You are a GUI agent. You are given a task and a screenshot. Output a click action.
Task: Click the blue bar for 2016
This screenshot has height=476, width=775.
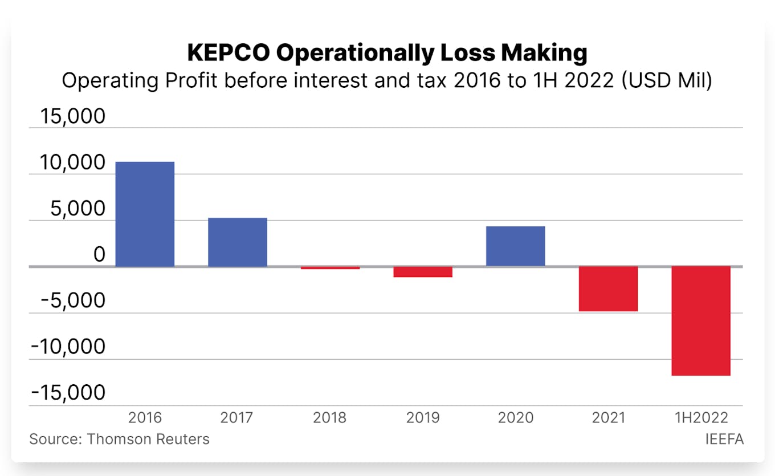(x=145, y=214)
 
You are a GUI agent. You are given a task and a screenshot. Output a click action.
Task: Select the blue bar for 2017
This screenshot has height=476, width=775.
(x=237, y=242)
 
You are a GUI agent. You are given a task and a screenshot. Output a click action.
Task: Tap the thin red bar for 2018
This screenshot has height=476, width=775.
(x=330, y=268)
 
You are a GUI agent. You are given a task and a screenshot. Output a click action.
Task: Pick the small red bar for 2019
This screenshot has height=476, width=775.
(x=423, y=272)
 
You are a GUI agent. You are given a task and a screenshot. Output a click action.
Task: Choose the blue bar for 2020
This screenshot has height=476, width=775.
(x=515, y=246)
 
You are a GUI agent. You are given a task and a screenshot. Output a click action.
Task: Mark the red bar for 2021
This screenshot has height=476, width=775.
(x=608, y=289)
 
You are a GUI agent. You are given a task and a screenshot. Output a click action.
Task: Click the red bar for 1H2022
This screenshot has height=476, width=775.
(x=700, y=321)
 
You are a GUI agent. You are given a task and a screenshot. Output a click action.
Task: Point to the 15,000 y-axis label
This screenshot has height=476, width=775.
(x=72, y=117)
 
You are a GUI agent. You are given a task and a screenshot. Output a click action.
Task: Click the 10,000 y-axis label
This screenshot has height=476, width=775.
(x=72, y=164)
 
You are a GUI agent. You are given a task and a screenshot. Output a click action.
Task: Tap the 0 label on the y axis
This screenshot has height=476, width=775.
(x=100, y=255)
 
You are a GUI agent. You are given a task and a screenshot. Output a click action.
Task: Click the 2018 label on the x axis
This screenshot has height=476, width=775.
(x=330, y=418)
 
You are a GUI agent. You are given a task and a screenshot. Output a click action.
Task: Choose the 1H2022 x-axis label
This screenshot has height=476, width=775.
(x=701, y=418)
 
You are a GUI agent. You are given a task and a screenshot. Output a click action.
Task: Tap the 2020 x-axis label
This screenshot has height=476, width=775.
(x=515, y=418)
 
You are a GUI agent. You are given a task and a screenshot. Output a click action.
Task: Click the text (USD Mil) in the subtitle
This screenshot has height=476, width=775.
(x=666, y=81)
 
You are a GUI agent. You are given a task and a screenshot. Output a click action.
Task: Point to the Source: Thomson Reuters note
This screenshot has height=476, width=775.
(x=119, y=440)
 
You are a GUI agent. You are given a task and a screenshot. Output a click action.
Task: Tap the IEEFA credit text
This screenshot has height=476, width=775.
(x=724, y=440)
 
